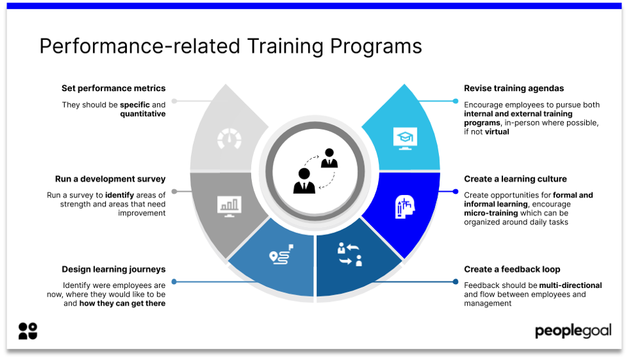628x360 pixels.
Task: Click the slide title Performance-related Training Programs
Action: [x=231, y=46]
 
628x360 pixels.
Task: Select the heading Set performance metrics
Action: [x=113, y=88]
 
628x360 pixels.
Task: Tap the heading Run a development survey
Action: [x=110, y=179]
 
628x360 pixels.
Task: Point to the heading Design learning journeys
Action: [x=113, y=270]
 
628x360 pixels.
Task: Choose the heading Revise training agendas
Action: [x=514, y=88]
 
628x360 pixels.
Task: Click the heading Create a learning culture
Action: [x=515, y=179]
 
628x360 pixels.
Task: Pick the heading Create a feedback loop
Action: [x=512, y=270]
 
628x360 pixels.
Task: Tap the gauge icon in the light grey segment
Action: [x=229, y=139]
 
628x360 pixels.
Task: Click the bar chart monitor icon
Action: [x=229, y=206]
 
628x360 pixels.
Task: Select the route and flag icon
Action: [x=281, y=255]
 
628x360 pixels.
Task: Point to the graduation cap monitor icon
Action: [x=405, y=138]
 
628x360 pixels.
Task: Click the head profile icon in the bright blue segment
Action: [x=404, y=207]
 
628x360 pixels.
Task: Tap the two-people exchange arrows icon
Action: [x=349, y=254]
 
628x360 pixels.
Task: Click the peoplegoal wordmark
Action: [x=573, y=331]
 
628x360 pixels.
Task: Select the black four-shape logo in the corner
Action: [x=27, y=331]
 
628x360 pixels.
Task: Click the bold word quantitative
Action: [x=143, y=114]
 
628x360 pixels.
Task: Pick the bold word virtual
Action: [x=497, y=132]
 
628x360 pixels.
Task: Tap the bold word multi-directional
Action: [x=570, y=285]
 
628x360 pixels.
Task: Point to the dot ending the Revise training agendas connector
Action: [x=455, y=101]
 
